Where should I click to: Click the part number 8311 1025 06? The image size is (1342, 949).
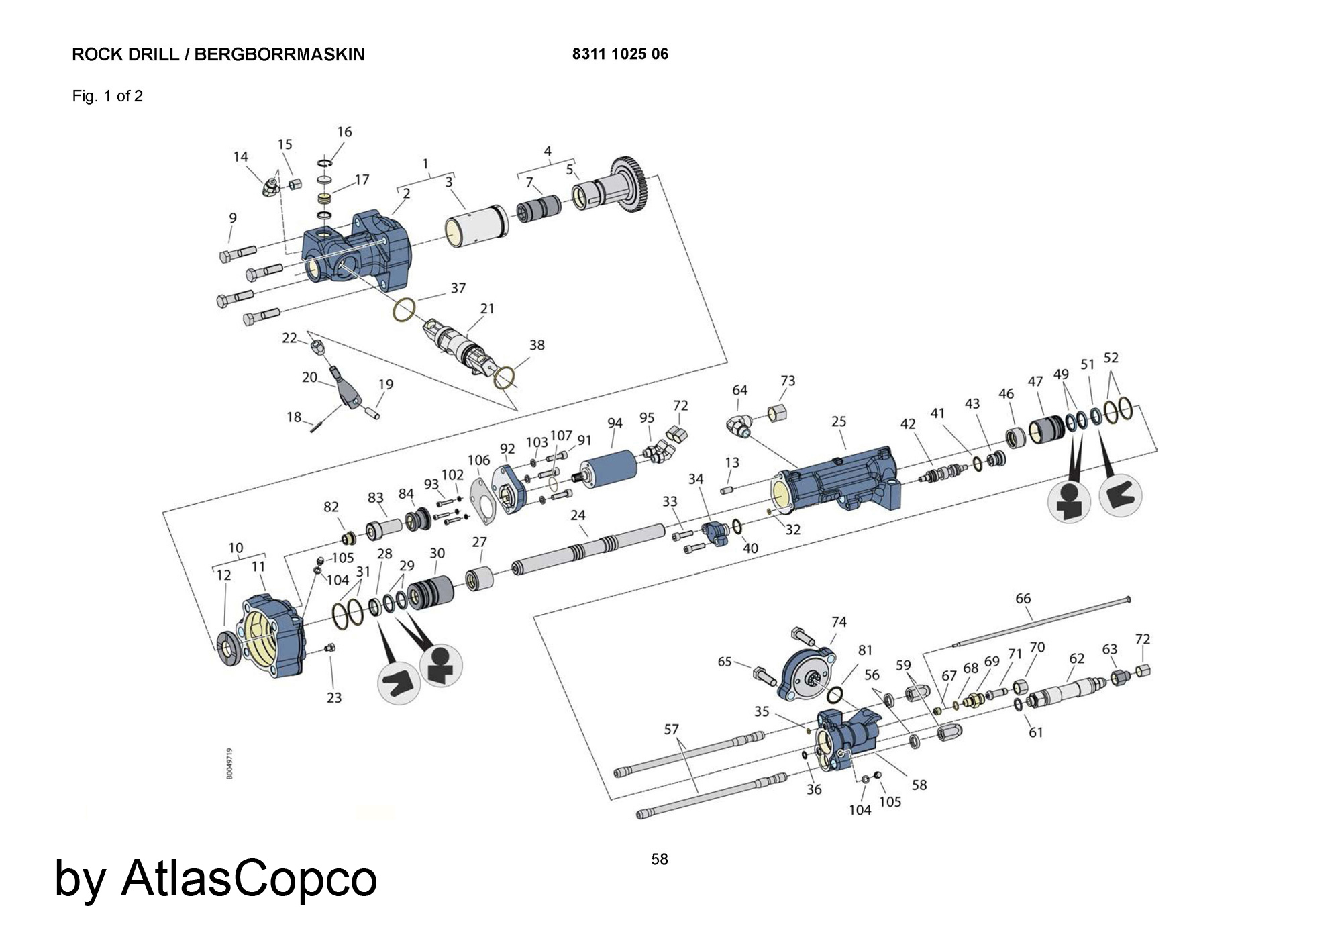[x=620, y=54]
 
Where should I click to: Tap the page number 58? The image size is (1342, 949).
[x=660, y=860]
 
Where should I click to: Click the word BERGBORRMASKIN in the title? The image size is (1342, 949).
[x=279, y=54]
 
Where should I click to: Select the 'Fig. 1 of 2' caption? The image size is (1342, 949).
[x=107, y=96]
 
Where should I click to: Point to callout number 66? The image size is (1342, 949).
[x=1023, y=598]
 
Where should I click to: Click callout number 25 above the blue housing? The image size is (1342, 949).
[x=839, y=421]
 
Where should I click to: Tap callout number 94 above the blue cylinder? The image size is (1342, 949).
[x=615, y=423]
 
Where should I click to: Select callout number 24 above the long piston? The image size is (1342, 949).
[x=578, y=515]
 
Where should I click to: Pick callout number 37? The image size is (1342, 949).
[x=458, y=288]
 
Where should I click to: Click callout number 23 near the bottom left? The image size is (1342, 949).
[x=334, y=698]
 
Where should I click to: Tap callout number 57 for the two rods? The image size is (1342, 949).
[x=672, y=729]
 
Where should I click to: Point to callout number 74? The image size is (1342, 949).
[x=839, y=622]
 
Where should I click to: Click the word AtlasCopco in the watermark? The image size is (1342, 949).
[x=249, y=878]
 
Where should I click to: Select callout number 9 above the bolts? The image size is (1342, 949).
[x=233, y=218]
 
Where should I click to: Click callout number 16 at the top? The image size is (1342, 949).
[x=344, y=132]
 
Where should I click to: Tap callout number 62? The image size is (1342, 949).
[x=1076, y=658]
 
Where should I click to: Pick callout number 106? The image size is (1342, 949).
[x=478, y=460]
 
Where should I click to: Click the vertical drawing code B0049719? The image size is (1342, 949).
[x=229, y=763]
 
